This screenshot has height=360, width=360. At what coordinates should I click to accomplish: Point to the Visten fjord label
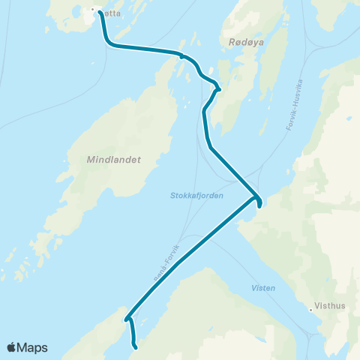[263, 288]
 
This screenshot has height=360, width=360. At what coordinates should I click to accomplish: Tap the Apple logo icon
[12, 347]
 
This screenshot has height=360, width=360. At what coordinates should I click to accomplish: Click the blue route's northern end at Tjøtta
[100, 13]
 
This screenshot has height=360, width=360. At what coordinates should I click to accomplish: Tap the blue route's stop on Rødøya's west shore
[218, 91]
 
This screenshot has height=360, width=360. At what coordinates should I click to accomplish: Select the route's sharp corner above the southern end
[127, 317]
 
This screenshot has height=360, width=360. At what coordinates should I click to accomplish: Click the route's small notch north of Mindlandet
[181, 55]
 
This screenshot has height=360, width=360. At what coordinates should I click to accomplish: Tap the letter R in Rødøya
[228, 43]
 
